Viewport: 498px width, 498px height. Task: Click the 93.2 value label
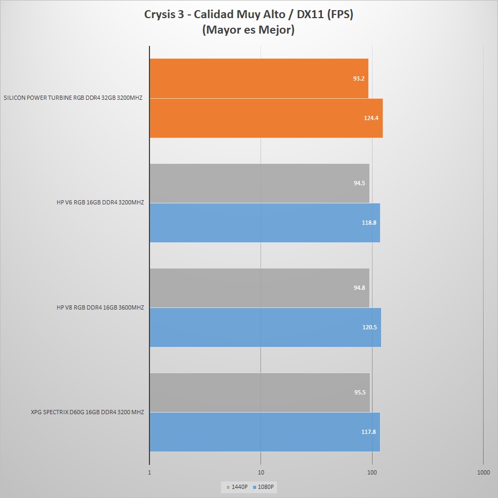(359, 78)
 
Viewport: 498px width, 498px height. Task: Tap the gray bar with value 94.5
(259, 183)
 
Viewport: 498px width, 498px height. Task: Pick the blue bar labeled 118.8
(265, 223)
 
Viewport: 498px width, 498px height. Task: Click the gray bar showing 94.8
(259, 288)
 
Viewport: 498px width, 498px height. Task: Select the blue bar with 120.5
(265, 327)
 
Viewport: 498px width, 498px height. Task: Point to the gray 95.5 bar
(259, 392)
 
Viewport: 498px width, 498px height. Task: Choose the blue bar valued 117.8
(265, 432)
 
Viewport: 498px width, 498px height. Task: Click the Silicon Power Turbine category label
(73, 98)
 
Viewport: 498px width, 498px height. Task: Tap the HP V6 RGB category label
(100, 203)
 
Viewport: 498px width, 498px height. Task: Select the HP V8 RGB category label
(100, 307)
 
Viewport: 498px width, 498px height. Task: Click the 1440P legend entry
(238, 487)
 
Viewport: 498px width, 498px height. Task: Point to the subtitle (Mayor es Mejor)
(249, 30)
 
